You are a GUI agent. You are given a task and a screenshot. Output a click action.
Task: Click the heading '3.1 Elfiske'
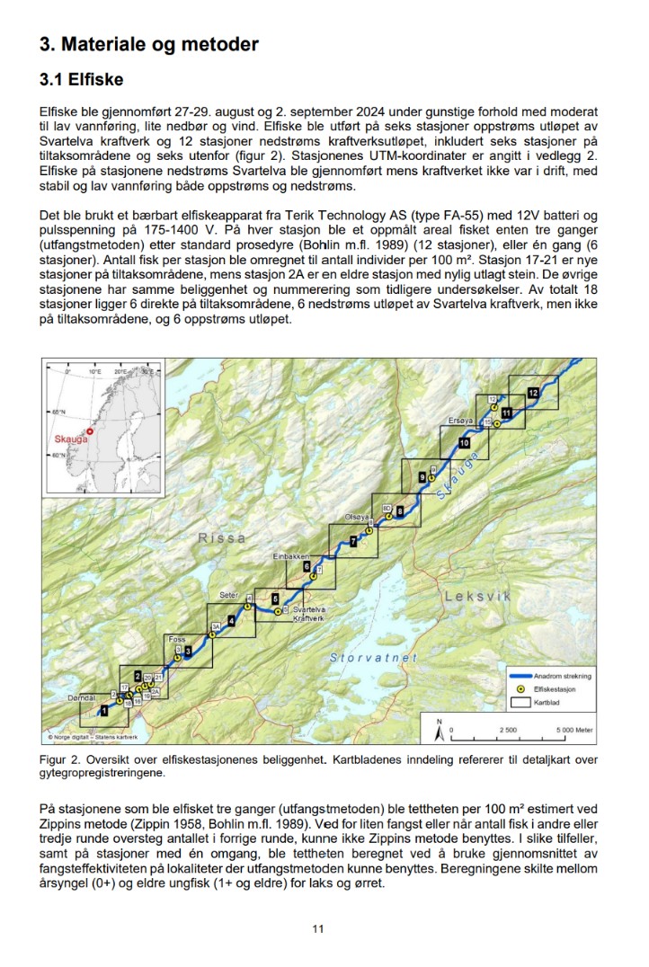pyautogui.click(x=81, y=80)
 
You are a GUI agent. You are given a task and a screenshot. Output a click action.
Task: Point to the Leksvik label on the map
pyautogui.click(x=477, y=596)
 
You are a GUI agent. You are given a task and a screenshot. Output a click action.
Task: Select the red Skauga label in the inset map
pyautogui.click(x=72, y=439)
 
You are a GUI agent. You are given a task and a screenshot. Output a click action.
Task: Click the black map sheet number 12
pyautogui.click(x=533, y=393)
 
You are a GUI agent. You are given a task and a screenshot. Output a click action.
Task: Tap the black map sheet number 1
pyautogui.click(x=104, y=710)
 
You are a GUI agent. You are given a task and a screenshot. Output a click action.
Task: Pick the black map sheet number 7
pyautogui.click(x=353, y=541)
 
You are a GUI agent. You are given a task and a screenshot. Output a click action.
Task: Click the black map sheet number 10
pyautogui.click(x=464, y=443)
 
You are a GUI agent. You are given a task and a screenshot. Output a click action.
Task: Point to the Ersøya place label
pyautogui.click(x=459, y=421)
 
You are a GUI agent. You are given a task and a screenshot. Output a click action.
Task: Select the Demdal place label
pyautogui.click(x=82, y=696)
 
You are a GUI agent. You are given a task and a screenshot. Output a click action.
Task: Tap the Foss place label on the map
pyautogui.click(x=177, y=639)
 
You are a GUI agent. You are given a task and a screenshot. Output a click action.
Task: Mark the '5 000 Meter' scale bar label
pyautogui.click(x=572, y=731)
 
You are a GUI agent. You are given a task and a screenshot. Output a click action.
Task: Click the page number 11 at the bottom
pyautogui.click(x=317, y=928)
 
